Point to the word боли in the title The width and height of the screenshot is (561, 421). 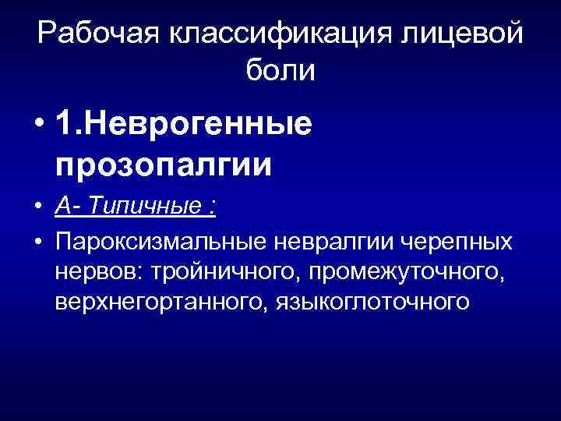coord(280,72)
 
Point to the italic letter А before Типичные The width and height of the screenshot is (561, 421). coord(64,207)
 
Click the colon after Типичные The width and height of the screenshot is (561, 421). coord(212,207)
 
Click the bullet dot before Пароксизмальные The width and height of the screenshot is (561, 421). coord(37,242)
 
